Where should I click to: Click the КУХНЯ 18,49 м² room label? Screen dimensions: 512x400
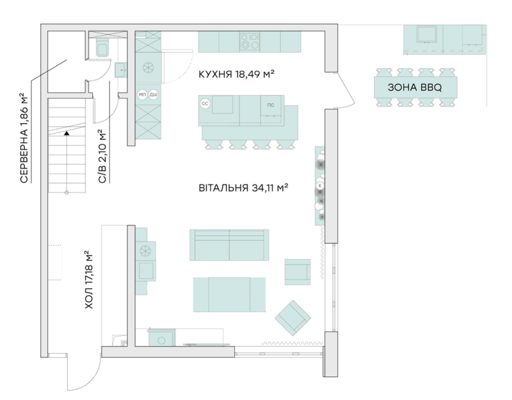coord(237,74)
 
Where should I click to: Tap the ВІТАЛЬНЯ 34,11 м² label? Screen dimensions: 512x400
coord(243,188)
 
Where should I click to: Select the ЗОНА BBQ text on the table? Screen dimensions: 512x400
coord(415,87)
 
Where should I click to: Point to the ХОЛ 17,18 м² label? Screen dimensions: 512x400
coord(89,280)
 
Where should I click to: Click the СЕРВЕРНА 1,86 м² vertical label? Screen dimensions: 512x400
coord(25,138)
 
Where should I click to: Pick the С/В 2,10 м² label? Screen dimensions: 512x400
coord(102,157)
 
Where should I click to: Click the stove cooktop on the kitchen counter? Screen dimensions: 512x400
coord(249,41)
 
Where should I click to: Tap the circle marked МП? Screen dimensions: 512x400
coord(142,95)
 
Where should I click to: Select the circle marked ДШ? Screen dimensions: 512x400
coord(153,95)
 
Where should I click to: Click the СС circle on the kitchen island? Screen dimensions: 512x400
coord(205,104)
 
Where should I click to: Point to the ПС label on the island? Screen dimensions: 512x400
coord(271,105)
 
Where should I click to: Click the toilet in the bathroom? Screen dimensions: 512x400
coord(103,49)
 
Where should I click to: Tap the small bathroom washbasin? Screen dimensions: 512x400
coord(121,70)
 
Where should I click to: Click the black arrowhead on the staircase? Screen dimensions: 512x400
coord(67,133)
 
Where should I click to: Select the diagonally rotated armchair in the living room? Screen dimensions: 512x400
coord(292,318)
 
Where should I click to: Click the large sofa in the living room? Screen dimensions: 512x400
coord(229,245)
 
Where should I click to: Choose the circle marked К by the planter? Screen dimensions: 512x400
coord(321,185)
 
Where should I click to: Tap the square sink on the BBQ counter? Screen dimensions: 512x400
coord(426,34)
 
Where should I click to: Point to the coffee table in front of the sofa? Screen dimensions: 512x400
coord(229,295)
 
